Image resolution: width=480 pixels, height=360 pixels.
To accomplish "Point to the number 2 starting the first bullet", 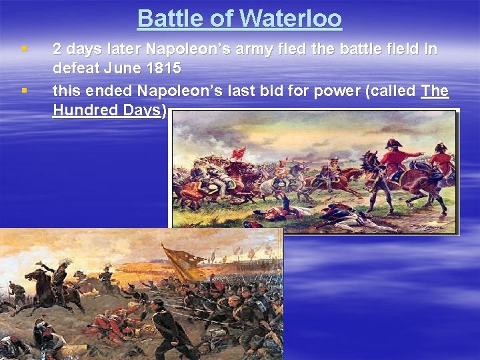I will click(57, 49).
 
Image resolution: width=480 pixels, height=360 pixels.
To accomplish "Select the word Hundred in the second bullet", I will click(85, 110).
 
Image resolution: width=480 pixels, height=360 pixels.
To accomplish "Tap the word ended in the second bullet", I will click(107, 90).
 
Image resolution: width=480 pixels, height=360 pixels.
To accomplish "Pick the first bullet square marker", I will click(24, 49).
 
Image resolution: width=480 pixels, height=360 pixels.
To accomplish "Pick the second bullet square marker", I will click(24, 89).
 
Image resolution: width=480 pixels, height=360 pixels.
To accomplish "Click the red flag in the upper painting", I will click(238, 153).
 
